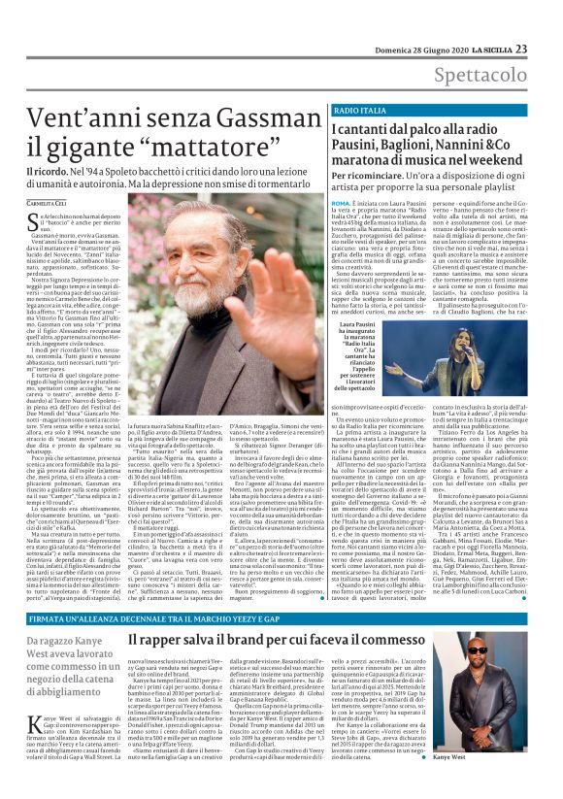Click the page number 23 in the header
(x=548, y=22)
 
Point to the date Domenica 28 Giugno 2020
(x=432, y=22)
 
